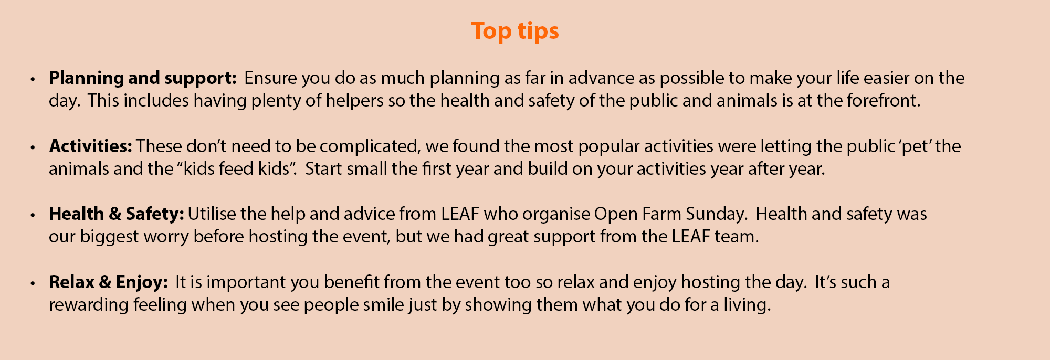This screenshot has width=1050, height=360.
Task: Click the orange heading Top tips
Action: pyautogui.click(x=515, y=31)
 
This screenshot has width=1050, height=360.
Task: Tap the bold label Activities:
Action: pyautogui.click(x=91, y=146)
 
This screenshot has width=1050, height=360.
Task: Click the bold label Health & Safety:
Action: pyautogui.click(x=117, y=215)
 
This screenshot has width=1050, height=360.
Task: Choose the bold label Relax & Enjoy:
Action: pyautogui.click(x=108, y=283)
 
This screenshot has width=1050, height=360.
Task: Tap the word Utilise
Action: pyautogui.click(x=212, y=214)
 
